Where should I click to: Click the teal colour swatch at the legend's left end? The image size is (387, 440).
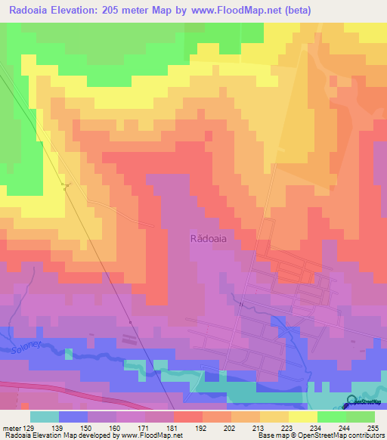click(x=45, y=417)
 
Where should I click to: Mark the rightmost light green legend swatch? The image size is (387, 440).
click(x=361, y=417)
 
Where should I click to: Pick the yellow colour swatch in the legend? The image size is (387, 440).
click(x=303, y=417)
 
